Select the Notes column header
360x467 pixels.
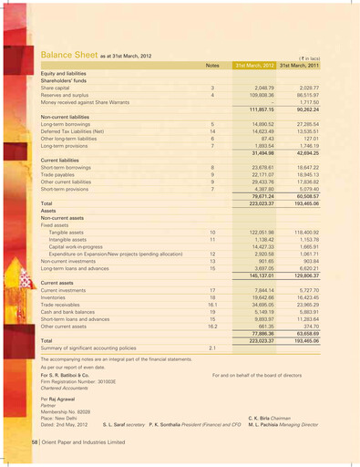(x=212, y=67)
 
